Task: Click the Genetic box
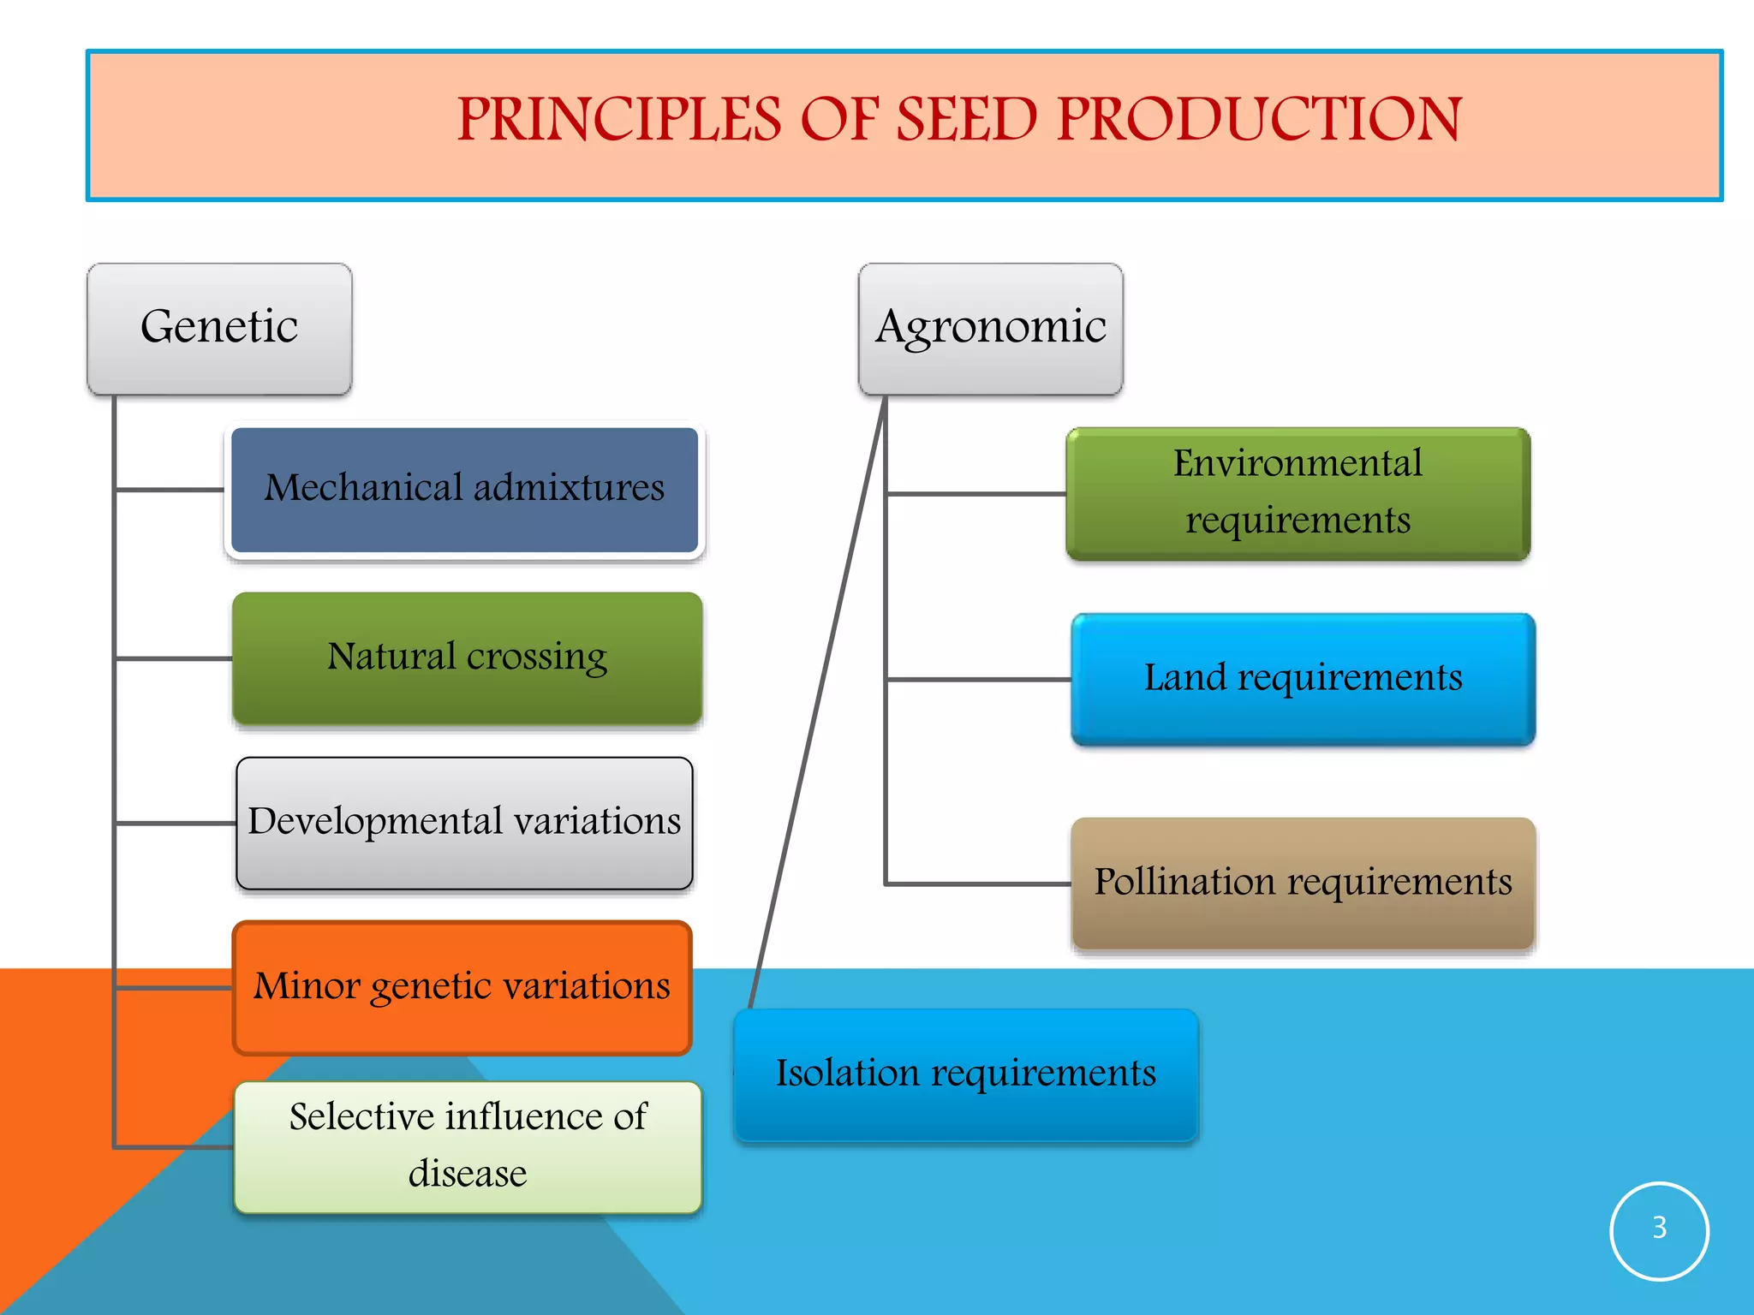(x=219, y=329)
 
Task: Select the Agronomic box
(x=990, y=329)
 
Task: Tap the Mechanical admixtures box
(x=464, y=490)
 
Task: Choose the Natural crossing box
(x=467, y=657)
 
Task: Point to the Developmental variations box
(x=464, y=823)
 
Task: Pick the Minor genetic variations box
(x=462, y=987)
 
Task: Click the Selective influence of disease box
(x=468, y=1146)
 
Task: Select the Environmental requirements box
(x=1298, y=493)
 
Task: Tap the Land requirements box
(x=1303, y=679)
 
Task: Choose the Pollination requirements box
(x=1303, y=883)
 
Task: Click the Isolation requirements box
(x=965, y=1074)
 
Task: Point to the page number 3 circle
(x=1659, y=1229)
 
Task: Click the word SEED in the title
(x=966, y=120)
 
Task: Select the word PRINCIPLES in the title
(x=618, y=120)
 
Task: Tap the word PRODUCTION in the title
(x=1259, y=120)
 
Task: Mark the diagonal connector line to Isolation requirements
(x=818, y=702)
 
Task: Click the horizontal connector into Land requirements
(x=978, y=680)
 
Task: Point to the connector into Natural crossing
(x=173, y=658)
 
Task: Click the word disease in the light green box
(x=468, y=1174)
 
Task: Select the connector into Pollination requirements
(x=978, y=884)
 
